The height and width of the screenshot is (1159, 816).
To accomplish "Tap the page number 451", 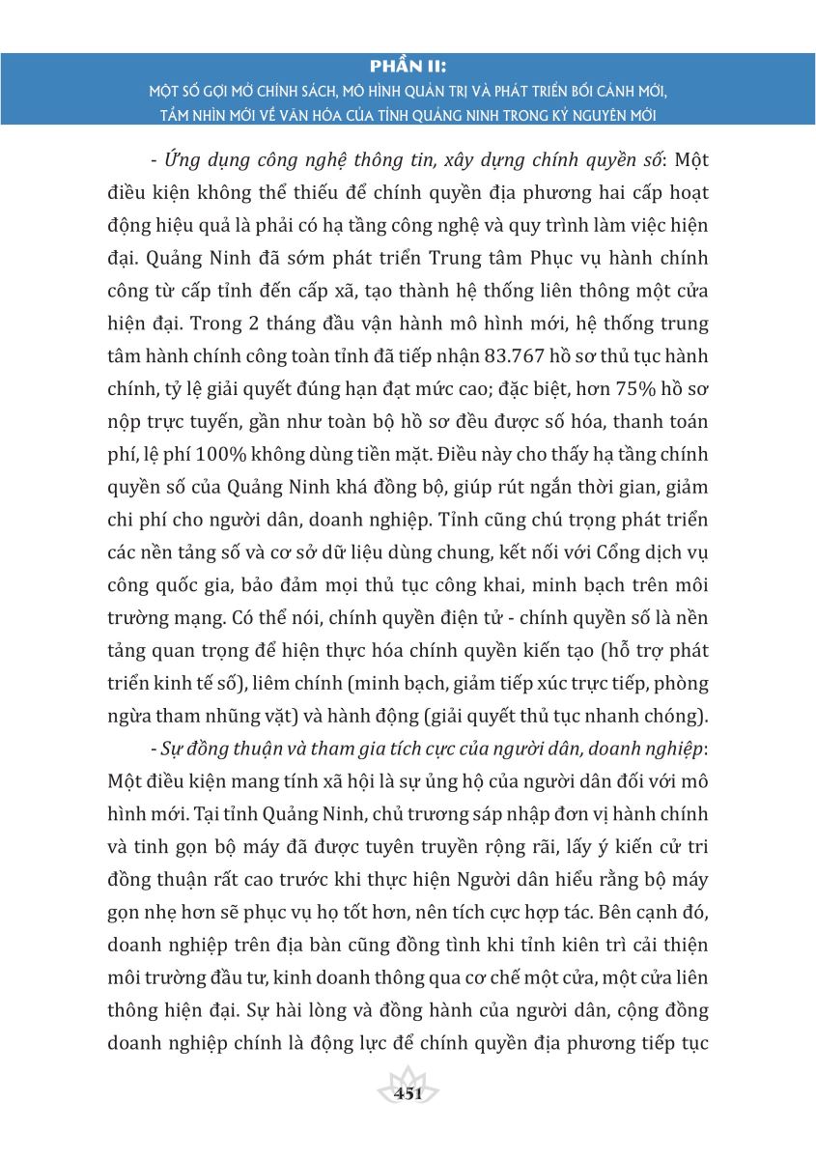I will [x=409, y=1093].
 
